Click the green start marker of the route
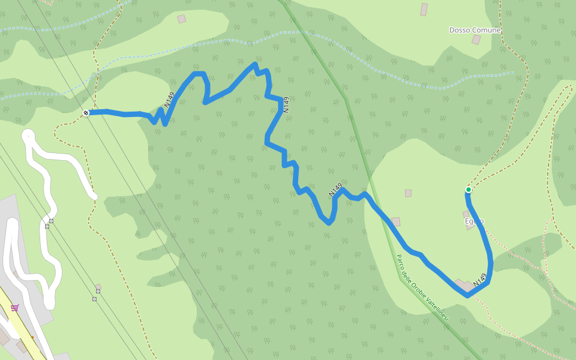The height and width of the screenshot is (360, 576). (x=469, y=190)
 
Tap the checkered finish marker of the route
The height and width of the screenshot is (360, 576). (x=86, y=113)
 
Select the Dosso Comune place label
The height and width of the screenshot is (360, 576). (x=475, y=30)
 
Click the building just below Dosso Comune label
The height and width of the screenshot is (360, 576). (x=476, y=40)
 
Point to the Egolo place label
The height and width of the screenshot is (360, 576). (x=474, y=221)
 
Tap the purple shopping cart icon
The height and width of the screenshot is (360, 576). (x=15, y=308)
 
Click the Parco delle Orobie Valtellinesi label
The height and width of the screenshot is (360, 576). (x=422, y=287)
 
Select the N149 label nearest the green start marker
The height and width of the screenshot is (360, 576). (x=479, y=280)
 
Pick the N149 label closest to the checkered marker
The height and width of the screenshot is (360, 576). (x=170, y=100)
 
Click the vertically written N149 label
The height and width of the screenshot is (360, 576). (x=286, y=105)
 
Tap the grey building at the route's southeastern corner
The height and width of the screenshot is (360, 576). (x=464, y=285)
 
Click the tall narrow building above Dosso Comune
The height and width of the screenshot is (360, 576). (x=424, y=10)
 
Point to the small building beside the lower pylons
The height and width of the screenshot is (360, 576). (x=98, y=287)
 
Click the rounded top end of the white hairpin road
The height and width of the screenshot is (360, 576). (x=28, y=136)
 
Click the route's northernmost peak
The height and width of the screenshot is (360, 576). (x=255, y=64)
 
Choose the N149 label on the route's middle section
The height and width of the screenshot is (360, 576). (x=335, y=190)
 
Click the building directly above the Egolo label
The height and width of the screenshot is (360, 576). (x=466, y=214)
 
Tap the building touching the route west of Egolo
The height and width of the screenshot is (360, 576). (x=395, y=221)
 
